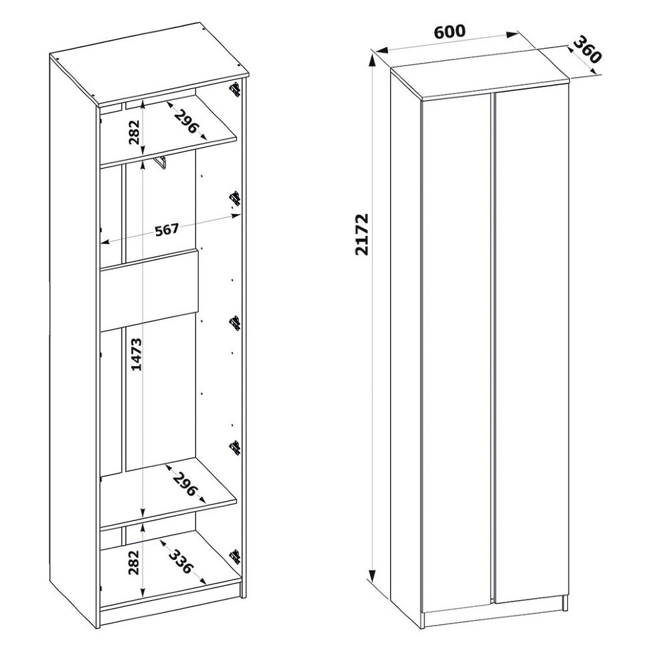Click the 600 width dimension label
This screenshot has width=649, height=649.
pos(450,32)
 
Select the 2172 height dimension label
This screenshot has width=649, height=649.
pos(362,234)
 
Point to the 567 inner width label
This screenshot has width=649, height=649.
pos(167,229)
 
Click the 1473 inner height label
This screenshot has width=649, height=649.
pos(136,355)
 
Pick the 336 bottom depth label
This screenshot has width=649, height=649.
pos(181,561)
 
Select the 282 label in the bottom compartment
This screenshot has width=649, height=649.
pos(134,563)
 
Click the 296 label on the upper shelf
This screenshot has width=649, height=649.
pos(187,122)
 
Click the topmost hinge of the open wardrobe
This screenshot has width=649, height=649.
pos(236,90)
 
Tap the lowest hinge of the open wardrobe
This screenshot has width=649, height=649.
pos(236,557)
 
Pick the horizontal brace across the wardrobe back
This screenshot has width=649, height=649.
pos(149,290)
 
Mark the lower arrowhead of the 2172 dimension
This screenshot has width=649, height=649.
pos(372,575)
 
